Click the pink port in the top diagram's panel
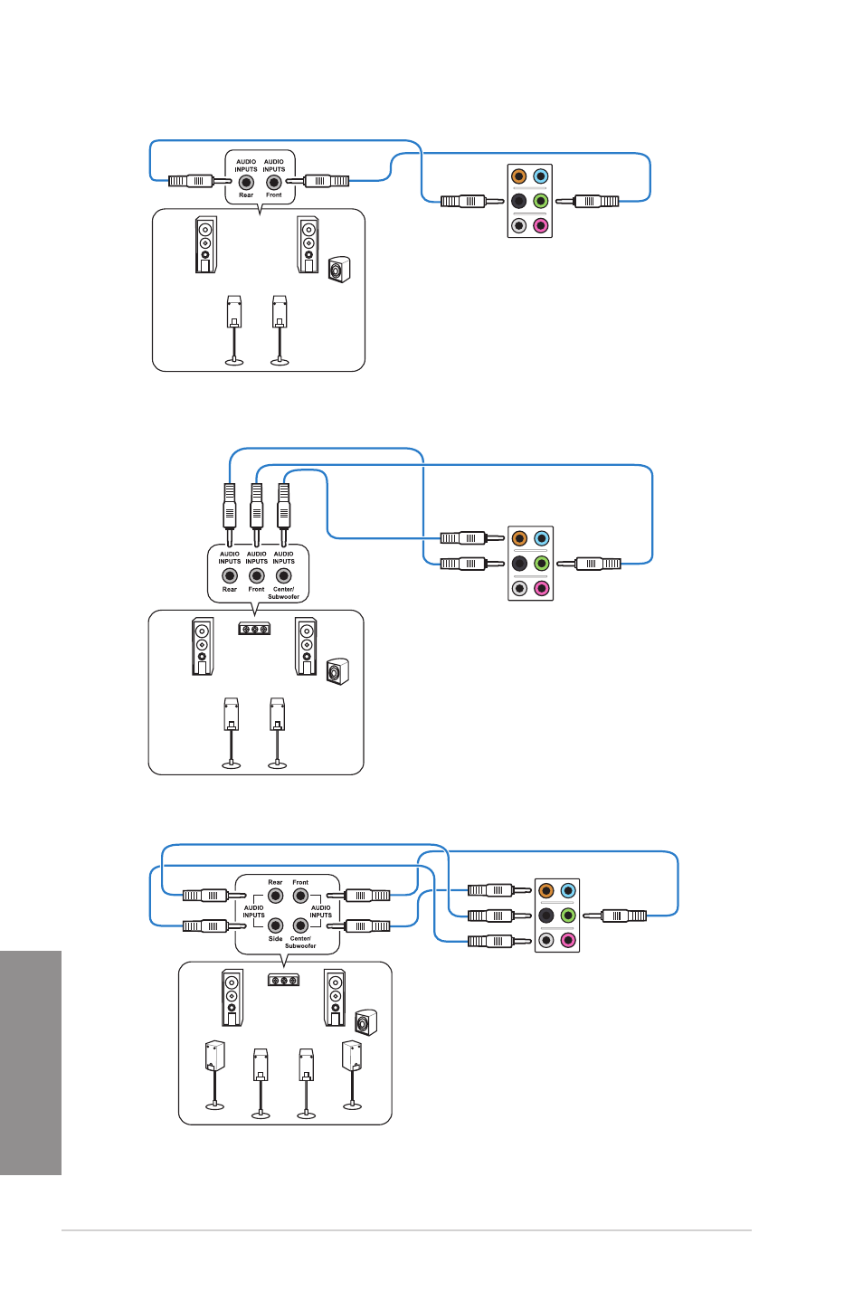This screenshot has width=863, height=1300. pos(540,225)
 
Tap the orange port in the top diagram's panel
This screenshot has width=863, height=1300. pos(518,176)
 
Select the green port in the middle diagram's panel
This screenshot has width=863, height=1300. pos(542,563)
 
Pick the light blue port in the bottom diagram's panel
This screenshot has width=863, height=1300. pos(567,890)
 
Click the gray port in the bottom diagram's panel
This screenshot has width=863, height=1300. pos(545,940)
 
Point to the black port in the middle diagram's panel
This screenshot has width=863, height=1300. pos(519,563)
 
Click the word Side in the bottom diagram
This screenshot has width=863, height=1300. pos(275,938)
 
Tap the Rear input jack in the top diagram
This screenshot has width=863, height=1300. pos(246,182)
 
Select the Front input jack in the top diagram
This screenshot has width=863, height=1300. pos(273,182)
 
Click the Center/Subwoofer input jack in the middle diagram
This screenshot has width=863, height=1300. pos(283,575)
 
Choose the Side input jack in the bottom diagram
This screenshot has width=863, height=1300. pos(275,925)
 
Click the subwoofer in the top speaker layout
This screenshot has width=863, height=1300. pos(339,270)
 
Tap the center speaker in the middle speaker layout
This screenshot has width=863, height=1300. pos(254,629)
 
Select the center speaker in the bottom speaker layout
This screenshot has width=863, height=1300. pos(283,981)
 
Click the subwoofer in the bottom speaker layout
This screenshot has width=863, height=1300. pos(366,1022)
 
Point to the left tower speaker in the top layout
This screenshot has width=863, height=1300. pos(205,244)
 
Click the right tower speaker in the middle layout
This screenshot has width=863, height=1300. pos(306,646)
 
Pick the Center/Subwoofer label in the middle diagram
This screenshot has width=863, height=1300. pos(283,593)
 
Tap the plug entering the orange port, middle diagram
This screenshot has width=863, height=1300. pos(472,538)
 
